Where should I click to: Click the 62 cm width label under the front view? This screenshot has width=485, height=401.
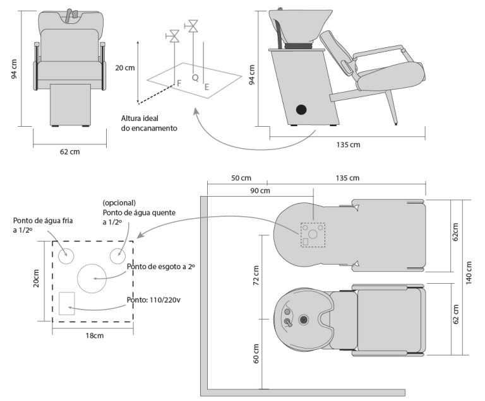pos(66,151)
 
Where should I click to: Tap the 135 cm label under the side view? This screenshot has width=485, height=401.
pos(348,144)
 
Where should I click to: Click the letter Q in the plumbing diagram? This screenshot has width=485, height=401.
pos(195,78)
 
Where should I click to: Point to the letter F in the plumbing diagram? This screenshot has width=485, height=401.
pos(179,83)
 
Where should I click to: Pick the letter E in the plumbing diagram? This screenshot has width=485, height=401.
pos(207,88)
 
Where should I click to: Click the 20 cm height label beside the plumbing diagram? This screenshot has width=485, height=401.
pos(126,68)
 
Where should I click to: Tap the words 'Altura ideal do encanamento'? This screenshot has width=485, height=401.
pos(149,123)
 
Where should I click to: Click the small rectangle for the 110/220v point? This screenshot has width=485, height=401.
pos(66,303)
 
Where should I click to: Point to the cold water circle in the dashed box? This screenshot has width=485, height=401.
pos(66,256)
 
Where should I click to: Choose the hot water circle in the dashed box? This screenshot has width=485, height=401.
pos(118,256)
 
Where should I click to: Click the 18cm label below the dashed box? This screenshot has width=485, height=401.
pos(94,335)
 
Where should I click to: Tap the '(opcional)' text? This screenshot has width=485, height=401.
pos(119,203)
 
